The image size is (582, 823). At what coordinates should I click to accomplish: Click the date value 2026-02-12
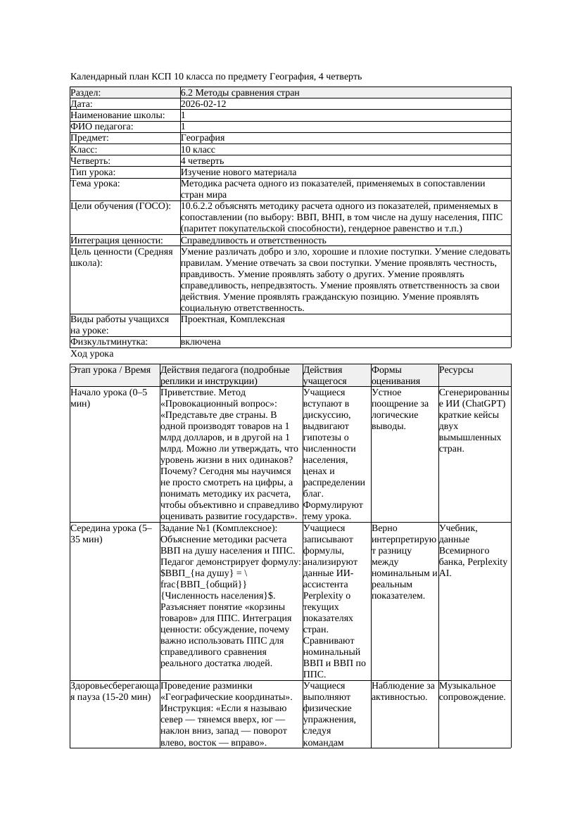coord(203,104)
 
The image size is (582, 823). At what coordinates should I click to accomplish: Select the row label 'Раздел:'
coord(86,93)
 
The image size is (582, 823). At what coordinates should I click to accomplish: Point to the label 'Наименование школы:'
coord(118,115)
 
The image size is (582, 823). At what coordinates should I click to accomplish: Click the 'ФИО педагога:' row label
coord(102,127)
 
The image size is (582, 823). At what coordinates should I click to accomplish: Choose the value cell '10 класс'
coord(198,150)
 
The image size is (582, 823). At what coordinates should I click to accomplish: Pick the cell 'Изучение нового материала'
coord(239,172)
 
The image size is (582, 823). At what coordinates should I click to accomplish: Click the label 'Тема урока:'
coord(95,184)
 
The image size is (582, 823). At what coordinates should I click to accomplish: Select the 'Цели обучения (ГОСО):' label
coord(120,207)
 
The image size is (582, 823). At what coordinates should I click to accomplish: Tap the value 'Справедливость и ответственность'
coord(253,241)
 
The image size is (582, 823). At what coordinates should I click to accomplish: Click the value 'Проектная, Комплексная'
coord(233,319)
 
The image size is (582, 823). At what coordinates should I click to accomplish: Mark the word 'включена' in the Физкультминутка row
coord(201,342)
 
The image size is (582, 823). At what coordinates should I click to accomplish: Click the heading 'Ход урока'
coord(92,354)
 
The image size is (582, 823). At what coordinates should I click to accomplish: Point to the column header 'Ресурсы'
coord(456,370)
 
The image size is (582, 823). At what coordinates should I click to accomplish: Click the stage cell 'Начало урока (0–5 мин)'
coord(109,398)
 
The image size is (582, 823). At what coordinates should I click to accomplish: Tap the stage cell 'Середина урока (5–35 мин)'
coord(111,534)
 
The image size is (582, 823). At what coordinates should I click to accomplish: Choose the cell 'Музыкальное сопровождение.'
coord(472,691)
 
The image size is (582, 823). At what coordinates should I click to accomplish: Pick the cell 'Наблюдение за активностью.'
coord(403,691)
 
